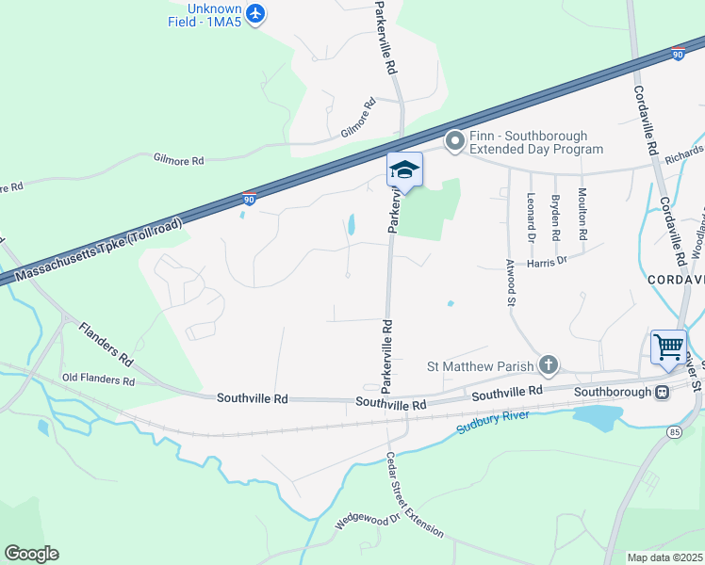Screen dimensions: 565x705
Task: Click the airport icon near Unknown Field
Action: (x=255, y=13)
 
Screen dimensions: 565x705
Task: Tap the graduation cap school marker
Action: (x=404, y=170)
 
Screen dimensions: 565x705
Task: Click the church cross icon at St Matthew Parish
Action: (x=549, y=365)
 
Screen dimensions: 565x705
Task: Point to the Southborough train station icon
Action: (x=663, y=392)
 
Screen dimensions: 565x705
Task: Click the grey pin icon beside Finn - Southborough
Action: (x=455, y=142)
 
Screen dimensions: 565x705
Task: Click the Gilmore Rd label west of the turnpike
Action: (x=178, y=161)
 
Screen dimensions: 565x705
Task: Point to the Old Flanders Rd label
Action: (x=98, y=380)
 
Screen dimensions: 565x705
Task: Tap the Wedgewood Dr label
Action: (x=369, y=516)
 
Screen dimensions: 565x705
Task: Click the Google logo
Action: (x=31, y=553)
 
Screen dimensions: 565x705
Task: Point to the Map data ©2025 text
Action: (x=664, y=557)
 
